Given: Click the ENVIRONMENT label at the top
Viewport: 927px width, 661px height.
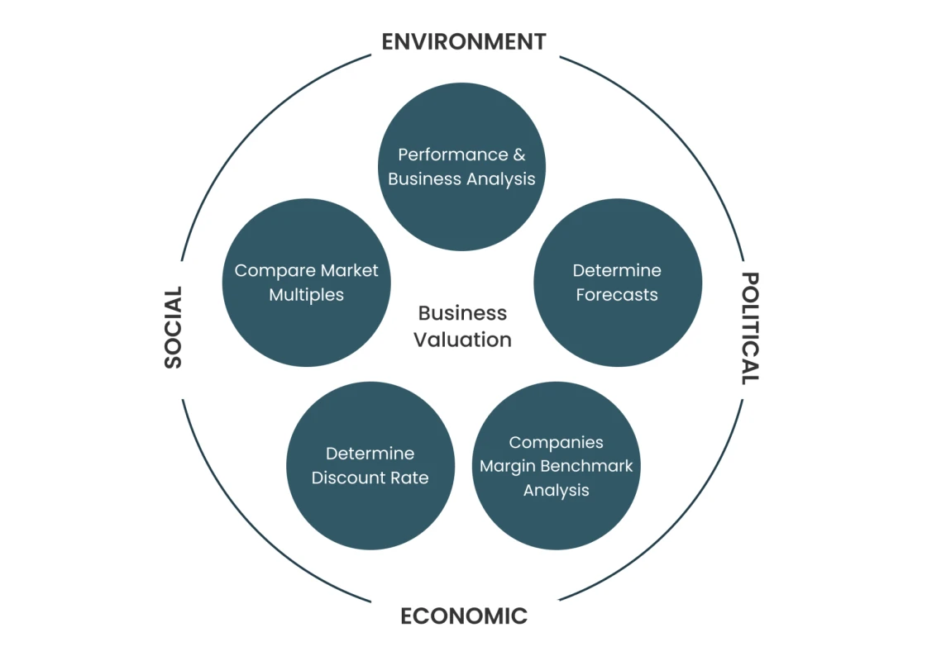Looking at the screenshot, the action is [464, 42].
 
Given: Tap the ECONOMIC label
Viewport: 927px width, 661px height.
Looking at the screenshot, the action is [464, 616].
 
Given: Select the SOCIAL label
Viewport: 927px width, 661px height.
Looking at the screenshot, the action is [173, 327].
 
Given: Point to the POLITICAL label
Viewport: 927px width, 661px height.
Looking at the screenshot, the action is [750, 328].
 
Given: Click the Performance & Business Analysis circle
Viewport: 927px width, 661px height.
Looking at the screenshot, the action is [461, 167].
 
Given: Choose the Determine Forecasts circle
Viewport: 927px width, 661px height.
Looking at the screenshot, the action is [618, 283].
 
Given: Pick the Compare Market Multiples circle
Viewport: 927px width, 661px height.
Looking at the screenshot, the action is [306, 283].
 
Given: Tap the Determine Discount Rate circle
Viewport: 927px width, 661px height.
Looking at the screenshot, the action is [370, 465].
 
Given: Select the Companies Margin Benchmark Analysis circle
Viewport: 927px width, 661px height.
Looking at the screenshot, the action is [557, 465].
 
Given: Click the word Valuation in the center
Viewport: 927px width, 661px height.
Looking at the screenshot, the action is [462, 340].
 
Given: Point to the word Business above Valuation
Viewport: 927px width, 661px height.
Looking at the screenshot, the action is [462, 313].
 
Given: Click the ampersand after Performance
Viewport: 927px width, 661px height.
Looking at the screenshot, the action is [519, 155].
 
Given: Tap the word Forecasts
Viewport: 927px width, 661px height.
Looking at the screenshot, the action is [617, 295].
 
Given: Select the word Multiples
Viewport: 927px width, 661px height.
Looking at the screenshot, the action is [306, 295].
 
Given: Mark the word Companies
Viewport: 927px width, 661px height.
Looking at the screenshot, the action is [557, 442].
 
